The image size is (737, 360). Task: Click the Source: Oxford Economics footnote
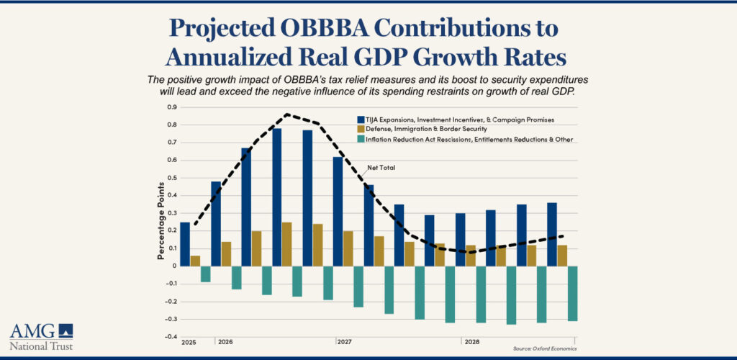[544, 348]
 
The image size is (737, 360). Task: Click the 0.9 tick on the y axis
[172, 107]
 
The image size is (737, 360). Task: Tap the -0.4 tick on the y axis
[171, 336]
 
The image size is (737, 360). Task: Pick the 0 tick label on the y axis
[174, 266]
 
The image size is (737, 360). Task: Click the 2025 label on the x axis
[189, 342]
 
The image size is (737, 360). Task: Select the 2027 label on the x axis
[344, 342]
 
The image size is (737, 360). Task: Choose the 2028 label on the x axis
[472, 342]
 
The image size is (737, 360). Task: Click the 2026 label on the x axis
[225, 342]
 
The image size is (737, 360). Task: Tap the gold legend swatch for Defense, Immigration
[361, 129]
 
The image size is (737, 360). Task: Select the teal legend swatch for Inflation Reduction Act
[361, 139]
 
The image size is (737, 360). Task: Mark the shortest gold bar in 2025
[195, 261]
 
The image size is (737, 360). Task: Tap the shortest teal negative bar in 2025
[205, 274]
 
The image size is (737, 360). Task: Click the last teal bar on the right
[573, 293]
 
